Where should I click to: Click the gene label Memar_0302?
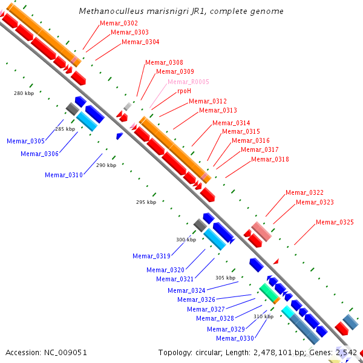119,23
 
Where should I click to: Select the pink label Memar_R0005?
188,82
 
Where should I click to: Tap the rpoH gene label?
184,91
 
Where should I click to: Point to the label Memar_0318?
270,159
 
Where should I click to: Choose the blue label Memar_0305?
25,141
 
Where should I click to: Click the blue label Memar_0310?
64,175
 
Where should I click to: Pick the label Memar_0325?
335,223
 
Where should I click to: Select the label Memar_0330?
235,338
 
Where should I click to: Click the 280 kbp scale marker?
24,93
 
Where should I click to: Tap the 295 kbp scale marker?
146,202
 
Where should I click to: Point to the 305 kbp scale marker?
225,278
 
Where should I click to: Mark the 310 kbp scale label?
263,316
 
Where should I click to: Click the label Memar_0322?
304,192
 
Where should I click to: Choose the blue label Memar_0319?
151,256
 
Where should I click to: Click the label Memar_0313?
218,110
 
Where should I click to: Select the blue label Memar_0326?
196,299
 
